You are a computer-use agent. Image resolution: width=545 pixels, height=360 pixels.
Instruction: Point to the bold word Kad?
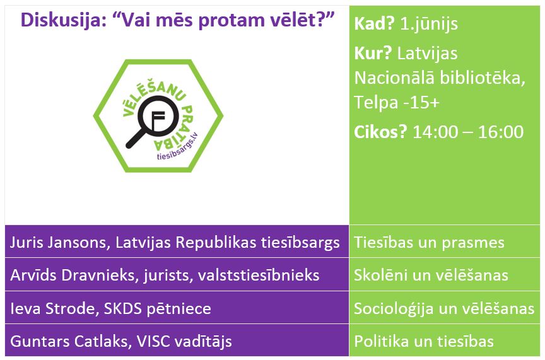pyautogui.click(x=374, y=23)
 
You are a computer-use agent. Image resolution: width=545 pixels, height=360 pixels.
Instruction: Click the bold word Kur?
pyautogui.click(x=373, y=53)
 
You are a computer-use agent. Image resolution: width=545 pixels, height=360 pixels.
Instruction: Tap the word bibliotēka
pyautogui.click(x=483, y=78)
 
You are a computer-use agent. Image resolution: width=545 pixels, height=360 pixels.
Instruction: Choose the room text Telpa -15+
pyautogui.click(x=397, y=102)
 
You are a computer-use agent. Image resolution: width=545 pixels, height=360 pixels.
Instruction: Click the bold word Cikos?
pyautogui.click(x=380, y=132)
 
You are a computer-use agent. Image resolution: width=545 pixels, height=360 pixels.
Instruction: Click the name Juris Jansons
pyautogui.click(x=57, y=243)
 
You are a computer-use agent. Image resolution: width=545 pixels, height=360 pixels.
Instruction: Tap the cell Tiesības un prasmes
pyautogui.click(x=429, y=243)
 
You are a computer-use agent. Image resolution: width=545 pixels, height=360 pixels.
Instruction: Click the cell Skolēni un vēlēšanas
pyautogui.click(x=431, y=276)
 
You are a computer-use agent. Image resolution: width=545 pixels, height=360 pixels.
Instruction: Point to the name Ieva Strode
pyautogui.click(x=52, y=308)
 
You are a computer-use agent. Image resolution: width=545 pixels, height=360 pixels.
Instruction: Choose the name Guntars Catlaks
pyautogui.click(x=69, y=341)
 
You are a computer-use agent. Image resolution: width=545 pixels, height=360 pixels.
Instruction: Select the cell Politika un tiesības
pyautogui.click(x=424, y=341)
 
